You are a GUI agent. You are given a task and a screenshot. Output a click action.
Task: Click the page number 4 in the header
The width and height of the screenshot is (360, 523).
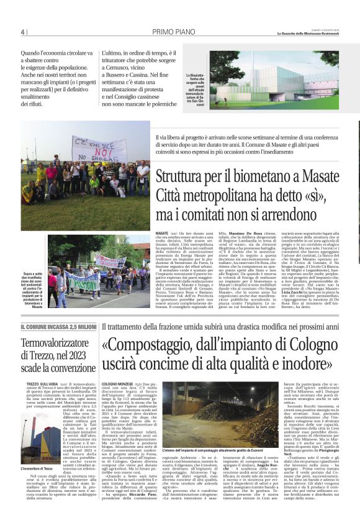click(23, 32)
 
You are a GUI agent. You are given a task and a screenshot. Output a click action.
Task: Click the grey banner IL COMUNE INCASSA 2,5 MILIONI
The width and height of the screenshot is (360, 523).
click(59, 327)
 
